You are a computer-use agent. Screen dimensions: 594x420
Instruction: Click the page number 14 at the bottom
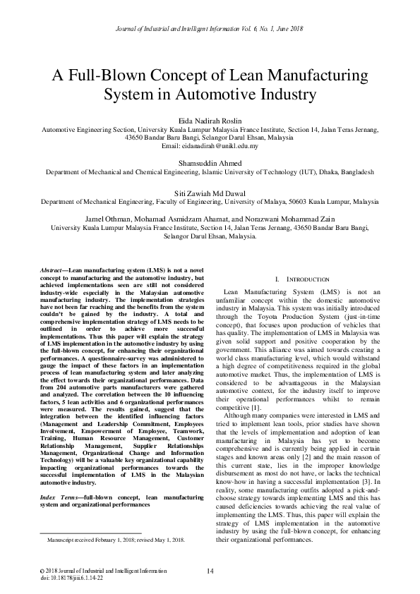210,571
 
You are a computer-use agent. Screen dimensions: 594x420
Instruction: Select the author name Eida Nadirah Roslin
210,121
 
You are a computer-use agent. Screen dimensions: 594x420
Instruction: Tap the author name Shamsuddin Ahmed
210,161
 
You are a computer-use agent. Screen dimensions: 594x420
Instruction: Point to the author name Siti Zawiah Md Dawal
210,192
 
